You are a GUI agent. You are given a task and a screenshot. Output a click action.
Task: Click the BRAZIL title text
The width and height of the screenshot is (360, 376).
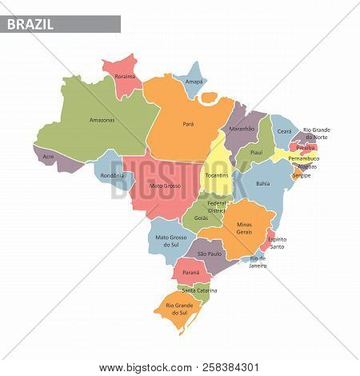click(31, 24)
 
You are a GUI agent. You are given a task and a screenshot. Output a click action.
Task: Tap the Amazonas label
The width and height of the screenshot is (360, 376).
click(102, 120)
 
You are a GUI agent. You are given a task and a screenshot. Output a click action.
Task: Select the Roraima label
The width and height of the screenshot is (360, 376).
click(126, 77)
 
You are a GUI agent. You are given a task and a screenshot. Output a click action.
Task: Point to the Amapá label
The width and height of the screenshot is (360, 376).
click(185, 82)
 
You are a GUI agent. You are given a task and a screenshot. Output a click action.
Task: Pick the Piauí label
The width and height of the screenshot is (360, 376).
click(257, 152)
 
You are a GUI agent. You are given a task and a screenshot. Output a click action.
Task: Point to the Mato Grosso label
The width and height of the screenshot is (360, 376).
click(163, 186)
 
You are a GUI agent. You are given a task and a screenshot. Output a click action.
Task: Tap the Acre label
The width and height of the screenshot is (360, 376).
click(49, 156)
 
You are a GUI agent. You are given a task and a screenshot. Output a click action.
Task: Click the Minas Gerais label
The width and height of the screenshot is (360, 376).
click(244, 230)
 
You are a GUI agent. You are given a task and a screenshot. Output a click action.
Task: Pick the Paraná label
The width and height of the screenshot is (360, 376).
click(190, 272)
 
